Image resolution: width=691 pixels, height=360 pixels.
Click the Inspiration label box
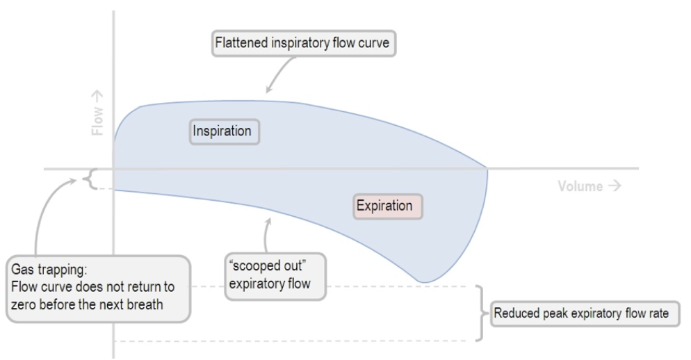click(224, 131)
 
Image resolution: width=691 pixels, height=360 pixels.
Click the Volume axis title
click(589, 186)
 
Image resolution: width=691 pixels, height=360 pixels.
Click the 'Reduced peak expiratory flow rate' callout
click(580, 314)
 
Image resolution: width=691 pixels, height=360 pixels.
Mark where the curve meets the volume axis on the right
click(487, 168)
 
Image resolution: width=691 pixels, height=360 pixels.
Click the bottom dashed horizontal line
click(292, 341)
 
